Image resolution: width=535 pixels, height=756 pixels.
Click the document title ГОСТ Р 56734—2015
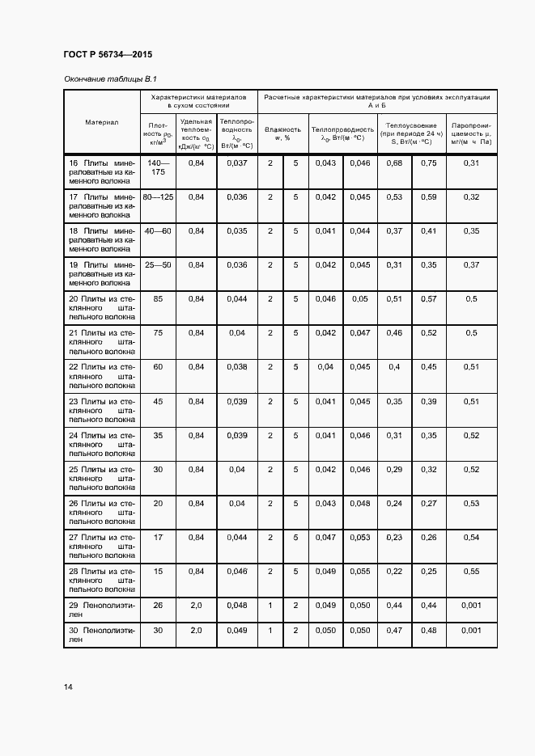(x=107, y=55)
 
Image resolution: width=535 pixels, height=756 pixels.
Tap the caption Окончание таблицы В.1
(x=109, y=79)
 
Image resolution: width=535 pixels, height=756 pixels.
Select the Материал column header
(x=102, y=122)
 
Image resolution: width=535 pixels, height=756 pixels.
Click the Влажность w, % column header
(x=282, y=133)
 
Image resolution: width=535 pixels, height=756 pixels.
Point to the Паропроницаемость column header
(x=471, y=133)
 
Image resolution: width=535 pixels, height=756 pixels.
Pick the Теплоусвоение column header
(x=411, y=133)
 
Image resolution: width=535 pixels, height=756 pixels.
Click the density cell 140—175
(x=158, y=167)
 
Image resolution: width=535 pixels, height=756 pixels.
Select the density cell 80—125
(x=158, y=196)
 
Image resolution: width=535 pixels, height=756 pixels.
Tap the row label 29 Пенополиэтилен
(x=102, y=609)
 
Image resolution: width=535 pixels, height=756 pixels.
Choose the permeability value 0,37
(x=471, y=264)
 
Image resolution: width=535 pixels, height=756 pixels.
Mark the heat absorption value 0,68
(x=394, y=163)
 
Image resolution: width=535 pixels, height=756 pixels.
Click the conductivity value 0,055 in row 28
(x=360, y=570)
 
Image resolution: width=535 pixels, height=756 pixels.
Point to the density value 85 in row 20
(x=158, y=298)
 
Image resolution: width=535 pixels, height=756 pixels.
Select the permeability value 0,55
(x=471, y=570)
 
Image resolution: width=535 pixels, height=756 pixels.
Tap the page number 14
(x=69, y=686)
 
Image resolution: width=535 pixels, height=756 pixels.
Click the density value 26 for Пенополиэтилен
(x=158, y=604)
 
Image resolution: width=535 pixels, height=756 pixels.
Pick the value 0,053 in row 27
(x=360, y=536)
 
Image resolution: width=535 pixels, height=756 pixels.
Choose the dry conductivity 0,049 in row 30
(x=236, y=630)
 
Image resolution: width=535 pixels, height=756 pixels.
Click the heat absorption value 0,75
(x=429, y=163)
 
